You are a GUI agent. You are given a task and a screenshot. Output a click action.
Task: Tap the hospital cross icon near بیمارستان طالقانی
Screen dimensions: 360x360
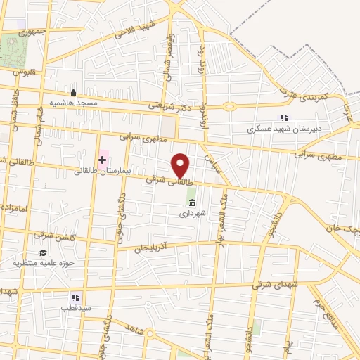pyautogui.click(x=103, y=160)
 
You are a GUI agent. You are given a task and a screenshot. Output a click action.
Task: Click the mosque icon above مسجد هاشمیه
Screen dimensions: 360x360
pyautogui.click(x=73, y=93)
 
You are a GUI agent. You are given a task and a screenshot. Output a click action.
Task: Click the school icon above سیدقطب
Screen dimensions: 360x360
pyautogui.click(x=75, y=297)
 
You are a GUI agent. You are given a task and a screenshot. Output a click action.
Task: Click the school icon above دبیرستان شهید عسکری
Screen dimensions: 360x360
pyautogui.click(x=284, y=118)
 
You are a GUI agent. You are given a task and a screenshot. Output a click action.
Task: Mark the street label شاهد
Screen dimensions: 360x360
pyautogui.click(x=133, y=330)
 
